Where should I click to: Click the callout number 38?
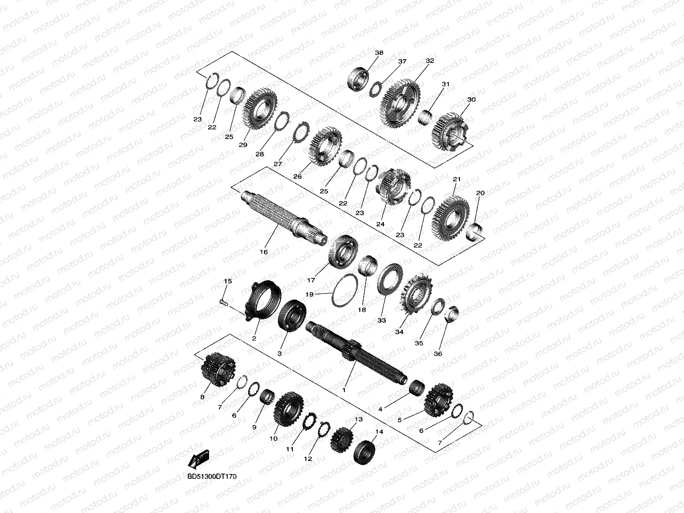379,53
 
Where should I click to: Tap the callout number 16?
263,252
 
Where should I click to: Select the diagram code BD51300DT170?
212,476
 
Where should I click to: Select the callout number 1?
344,390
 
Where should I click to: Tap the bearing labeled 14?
365,453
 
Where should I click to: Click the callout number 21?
457,179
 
